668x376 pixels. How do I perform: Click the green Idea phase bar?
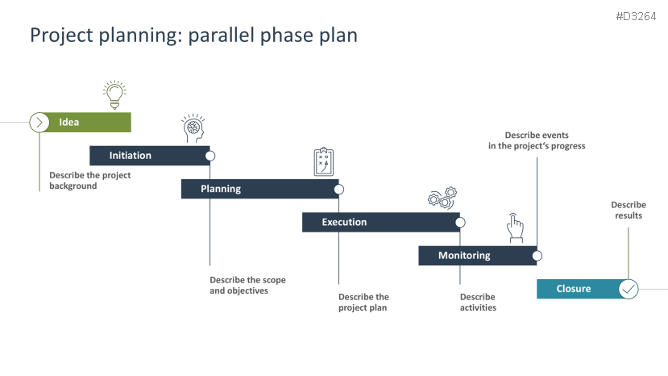pyautogui.click(x=89, y=123)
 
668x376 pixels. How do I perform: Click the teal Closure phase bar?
pyautogui.click(x=576, y=289)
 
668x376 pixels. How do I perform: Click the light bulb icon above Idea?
pyautogui.click(x=114, y=94)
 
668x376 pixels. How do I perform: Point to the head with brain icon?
pyautogui.click(x=194, y=129)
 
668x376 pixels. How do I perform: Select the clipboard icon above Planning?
pyautogui.click(x=323, y=161)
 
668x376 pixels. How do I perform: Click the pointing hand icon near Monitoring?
pyautogui.click(x=515, y=228)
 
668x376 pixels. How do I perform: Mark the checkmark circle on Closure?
pyautogui.click(x=629, y=289)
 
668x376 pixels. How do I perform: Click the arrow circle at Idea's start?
pyautogui.click(x=39, y=123)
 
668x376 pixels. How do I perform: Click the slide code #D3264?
pyautogui.click(x=636, y=16)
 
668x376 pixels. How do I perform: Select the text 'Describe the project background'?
pyautogui.click(x=89, y=180)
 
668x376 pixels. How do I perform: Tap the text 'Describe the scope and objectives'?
pyautogui.click(x=247, y=285)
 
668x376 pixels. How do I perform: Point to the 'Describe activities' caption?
pyautogui.click(x=478, y=302)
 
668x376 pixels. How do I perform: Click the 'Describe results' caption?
pyautogui.click(x=629, y=210)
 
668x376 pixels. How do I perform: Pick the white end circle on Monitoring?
pyautogui.click(x=537, y=256)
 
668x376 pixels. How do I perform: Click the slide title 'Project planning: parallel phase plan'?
pyautogui.click(x=193, y=36)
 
